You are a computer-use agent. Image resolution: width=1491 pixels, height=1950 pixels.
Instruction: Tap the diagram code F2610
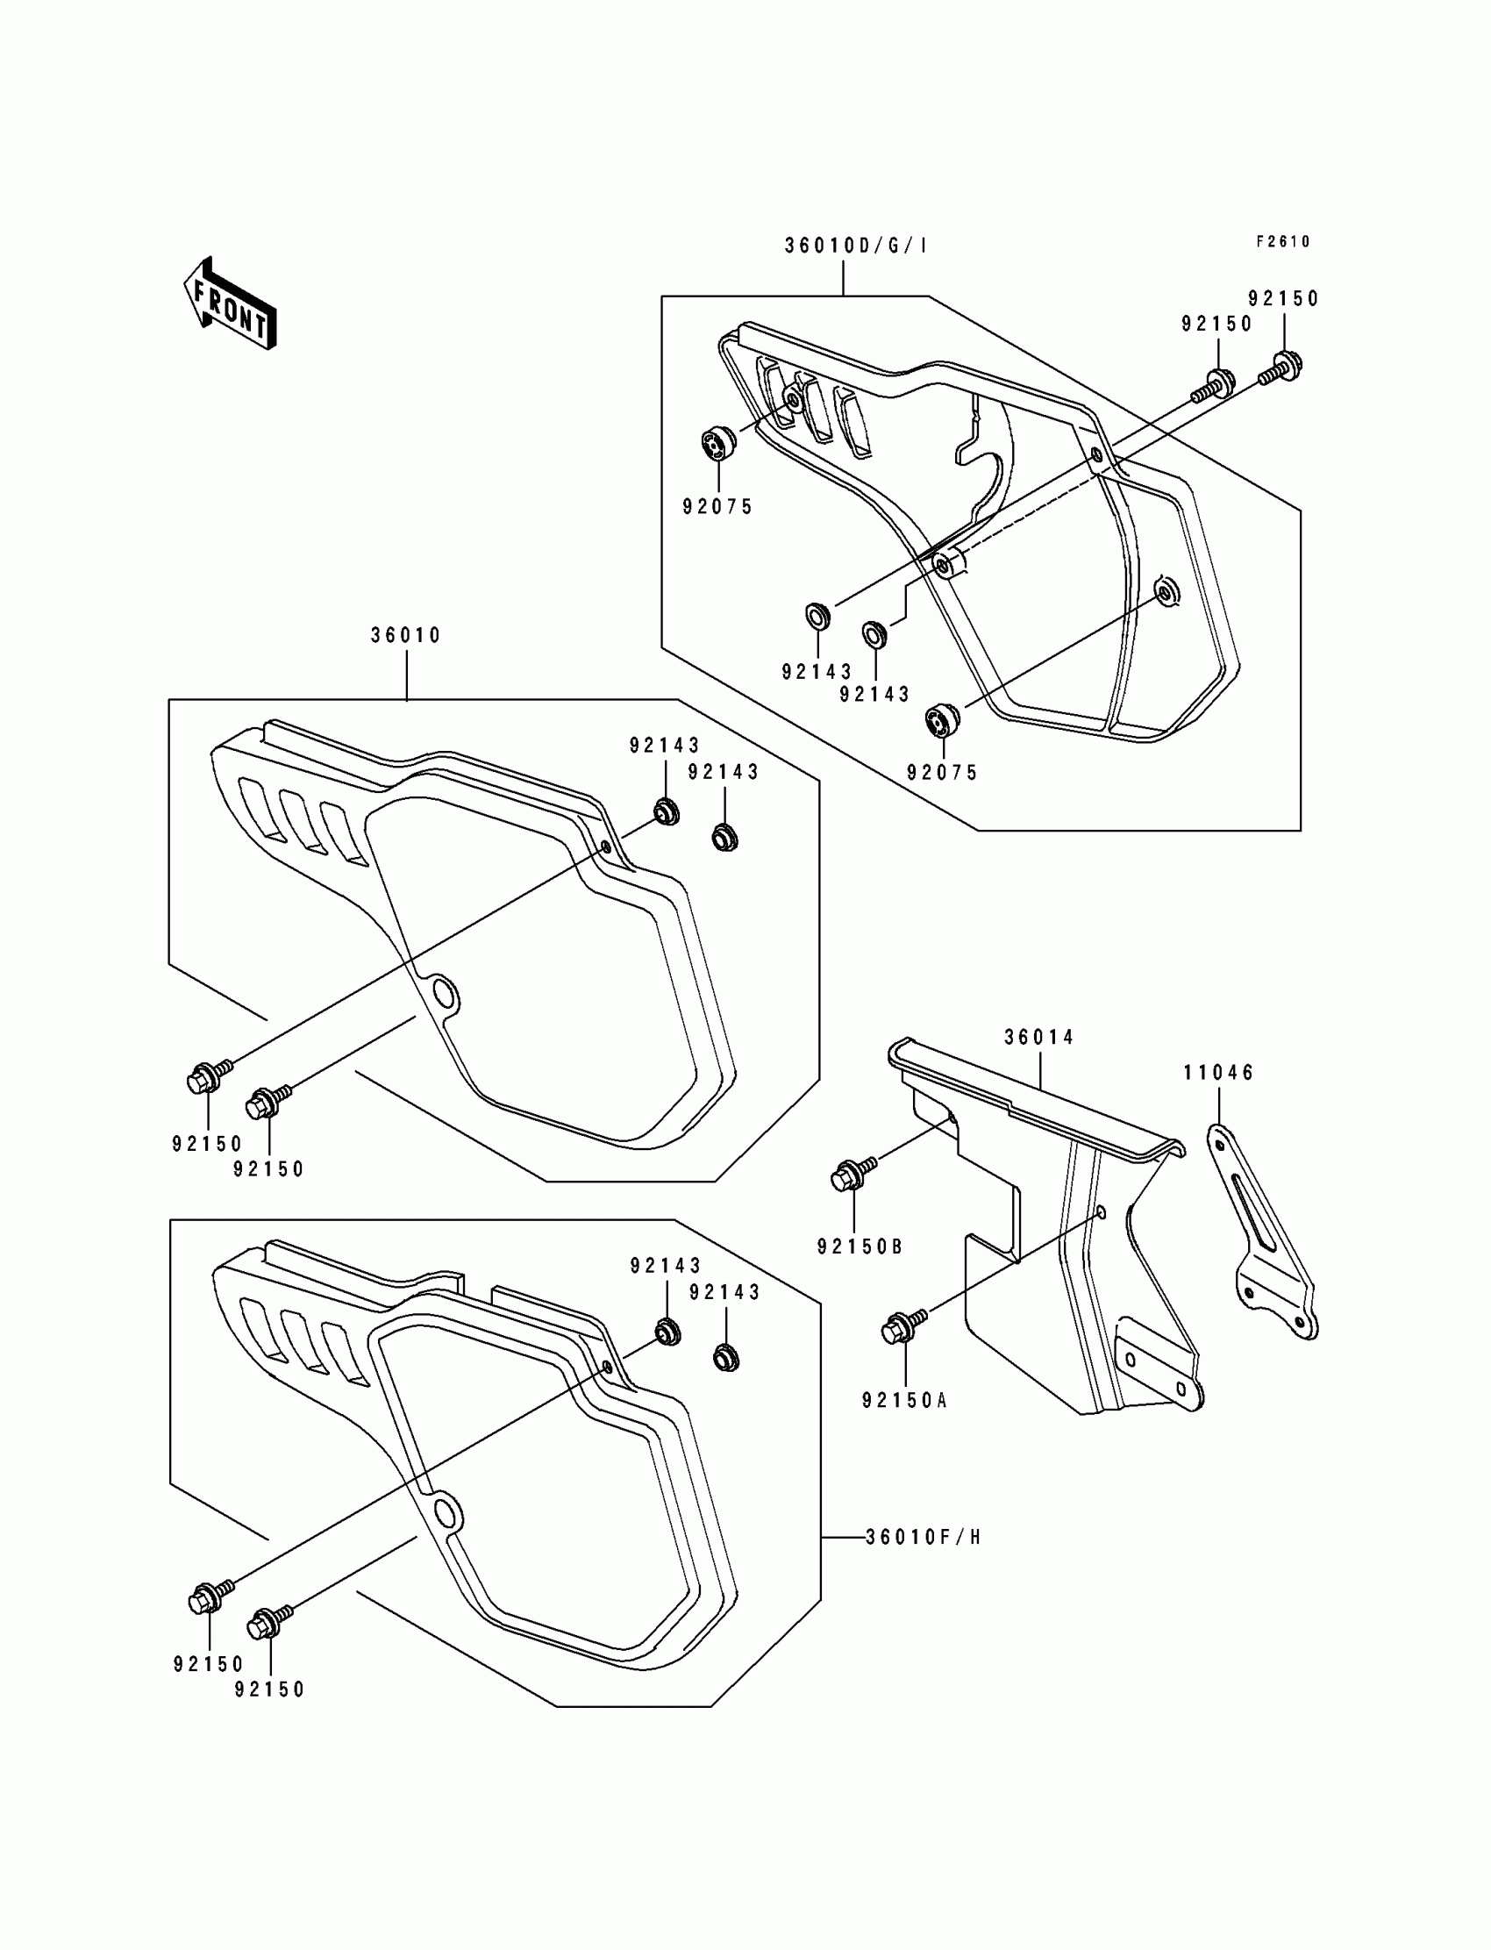tap(1282, 241)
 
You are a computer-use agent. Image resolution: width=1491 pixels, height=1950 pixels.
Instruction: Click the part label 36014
tap(1039, 1037)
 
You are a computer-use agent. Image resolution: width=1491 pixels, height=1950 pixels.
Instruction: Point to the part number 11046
tap(1218, 1073)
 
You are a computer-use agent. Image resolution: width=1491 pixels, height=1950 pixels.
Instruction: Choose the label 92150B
tap(860, 1247)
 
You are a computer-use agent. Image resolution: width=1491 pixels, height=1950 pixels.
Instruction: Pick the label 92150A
tap(905, 1401)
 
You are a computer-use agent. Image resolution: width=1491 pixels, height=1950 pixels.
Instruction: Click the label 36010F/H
tap(923, 1537)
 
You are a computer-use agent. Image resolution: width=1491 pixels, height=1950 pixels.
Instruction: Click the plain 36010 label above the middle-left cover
tap(405, 635)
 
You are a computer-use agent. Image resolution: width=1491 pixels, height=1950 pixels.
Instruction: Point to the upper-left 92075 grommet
tap(717, 442)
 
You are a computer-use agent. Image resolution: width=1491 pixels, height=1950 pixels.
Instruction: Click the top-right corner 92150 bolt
tap(1286, 364)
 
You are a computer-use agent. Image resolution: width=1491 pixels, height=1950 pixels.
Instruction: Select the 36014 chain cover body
tap(1065, 1243)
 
